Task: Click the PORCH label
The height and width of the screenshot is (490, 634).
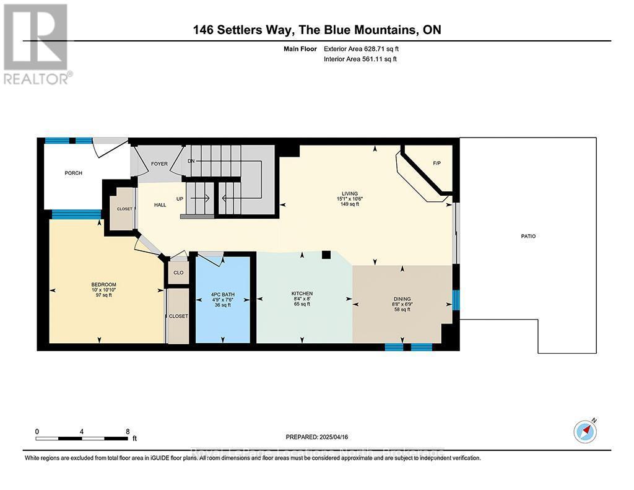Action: pos(73,173)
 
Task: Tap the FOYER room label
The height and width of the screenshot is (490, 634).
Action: pos(159,164)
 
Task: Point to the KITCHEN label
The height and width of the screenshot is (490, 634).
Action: pos(302,293)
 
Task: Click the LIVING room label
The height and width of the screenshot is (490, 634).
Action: pos(354,193)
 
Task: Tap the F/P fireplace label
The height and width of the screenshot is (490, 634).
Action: pos(436,164)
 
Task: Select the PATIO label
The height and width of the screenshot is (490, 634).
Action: pos(528,236)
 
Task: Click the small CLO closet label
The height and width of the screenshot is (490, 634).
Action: pos(178,273)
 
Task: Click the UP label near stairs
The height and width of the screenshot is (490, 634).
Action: pos(181,199)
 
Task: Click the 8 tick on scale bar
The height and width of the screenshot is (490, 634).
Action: pos(127,431)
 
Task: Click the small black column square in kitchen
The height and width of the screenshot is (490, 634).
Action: pos(326,255)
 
